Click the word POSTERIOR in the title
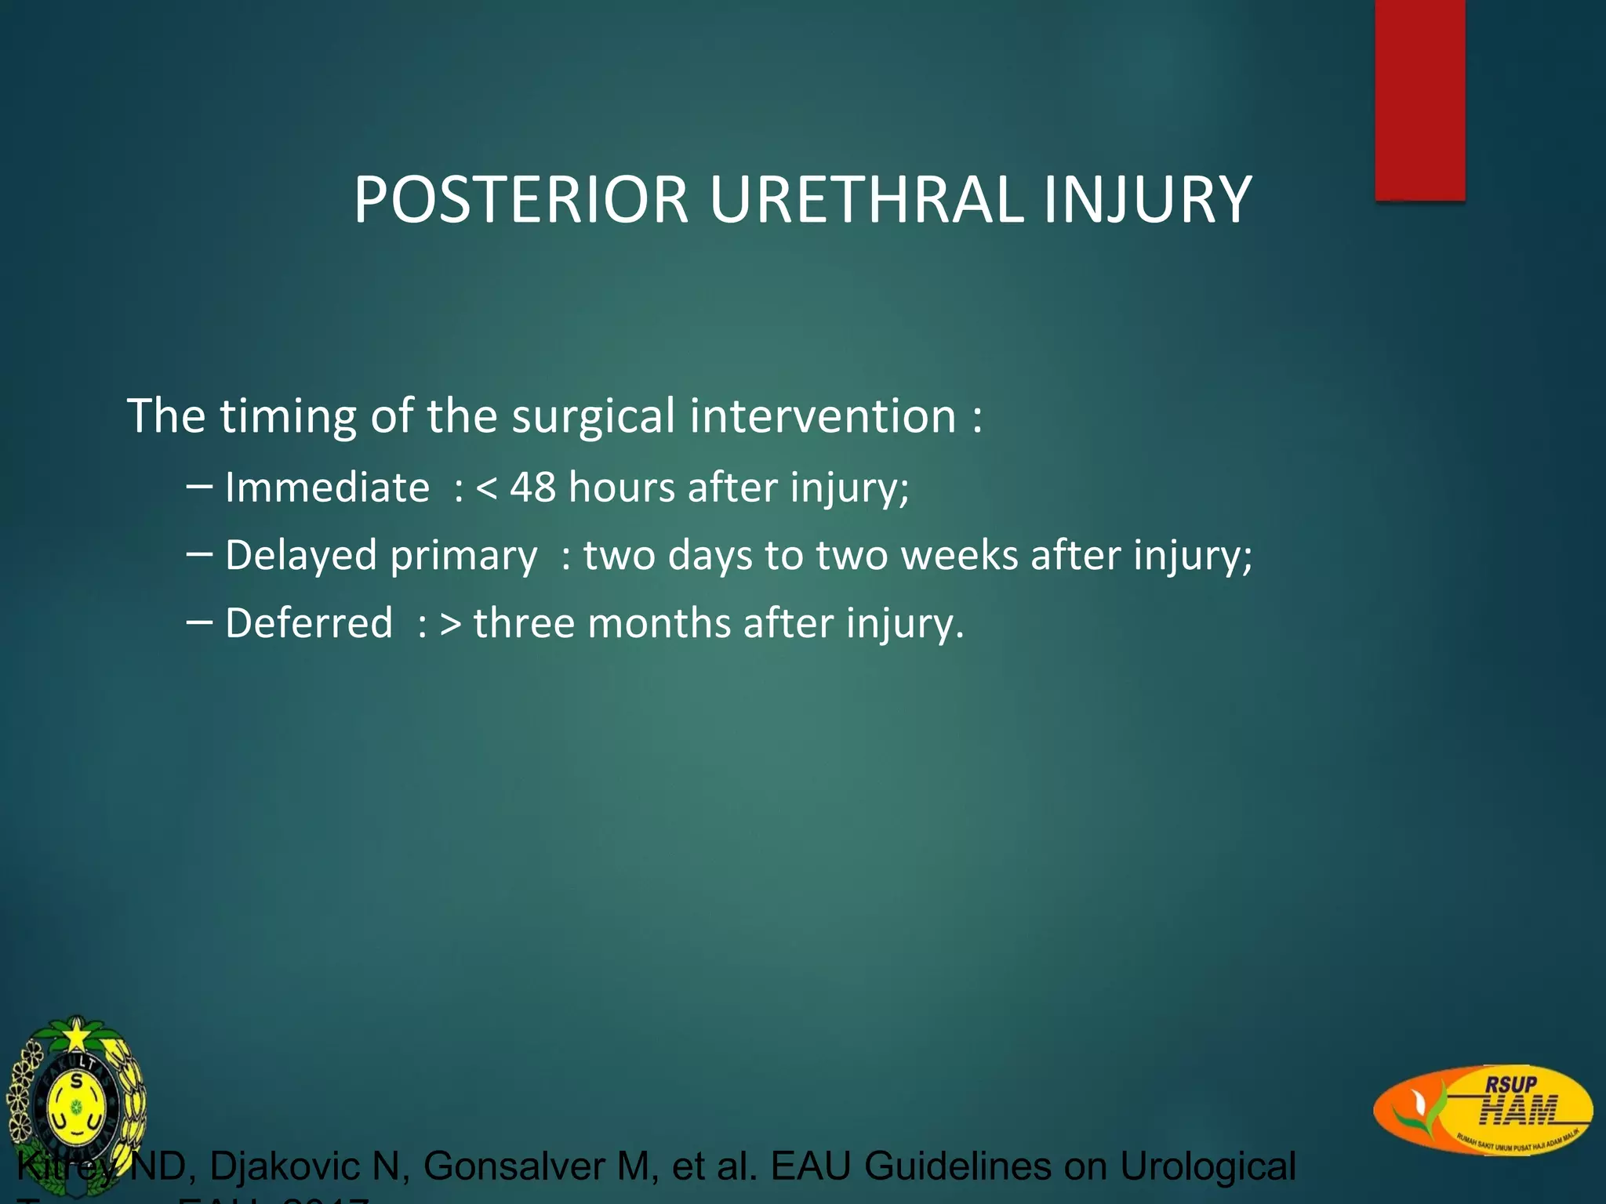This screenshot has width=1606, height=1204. pos(521,200)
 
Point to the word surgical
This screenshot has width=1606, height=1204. pos(593,416)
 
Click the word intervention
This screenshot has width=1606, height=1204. pos(823,416)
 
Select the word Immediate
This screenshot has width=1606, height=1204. pos(327,488)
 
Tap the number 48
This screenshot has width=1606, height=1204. pos(532,488)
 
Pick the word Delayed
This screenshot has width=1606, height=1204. pos(301,556)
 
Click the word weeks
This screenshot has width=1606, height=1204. pos(958,556)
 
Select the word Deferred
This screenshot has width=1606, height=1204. pos(308,624)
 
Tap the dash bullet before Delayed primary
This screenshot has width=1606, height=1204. pos(199,554)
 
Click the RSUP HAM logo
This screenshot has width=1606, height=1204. pos(1482,1108)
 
